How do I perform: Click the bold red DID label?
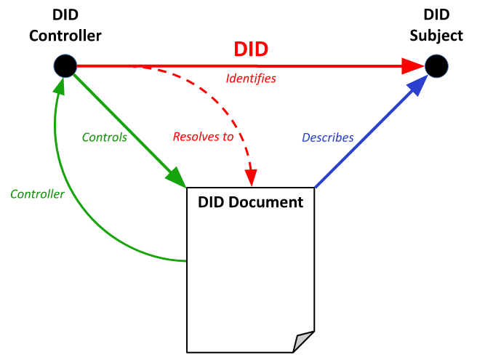(x=251, y=49)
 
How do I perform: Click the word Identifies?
(x=251, y=79)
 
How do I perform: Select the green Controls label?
(x=104, y=137)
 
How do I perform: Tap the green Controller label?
(x=37, y=194)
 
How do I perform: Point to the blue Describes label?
(x=327, y=137)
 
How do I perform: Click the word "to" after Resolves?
(x=228, y=137)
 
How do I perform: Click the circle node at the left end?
(x=65, y=66)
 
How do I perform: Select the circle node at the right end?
(x=436, y=66)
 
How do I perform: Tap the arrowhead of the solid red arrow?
(x=413, y=66)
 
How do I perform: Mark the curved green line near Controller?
(x=80, y=218)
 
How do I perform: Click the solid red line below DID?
(x=240, y=66)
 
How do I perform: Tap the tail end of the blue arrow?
(x=316, y=187)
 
